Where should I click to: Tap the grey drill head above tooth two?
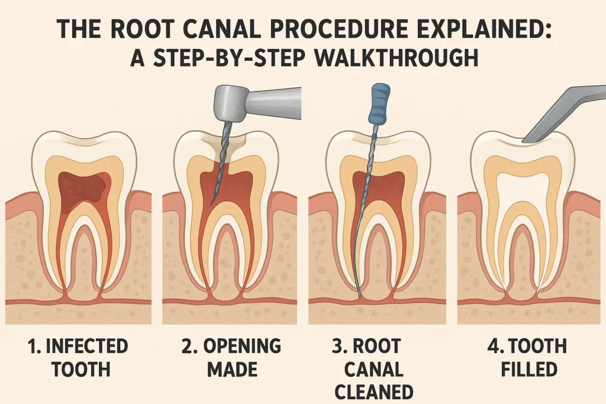tap(228, 105)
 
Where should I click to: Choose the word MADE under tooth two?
tap(232, 370)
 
